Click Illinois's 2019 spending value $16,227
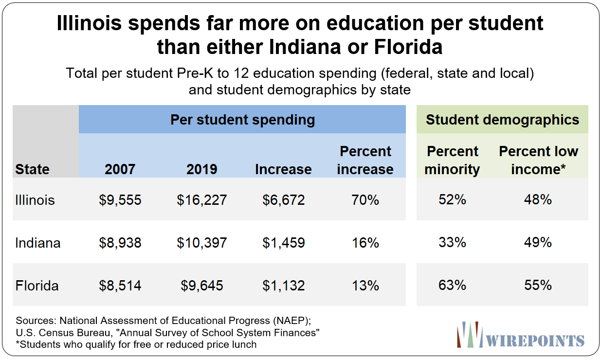coord(202,200)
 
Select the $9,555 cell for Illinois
coord(120,200)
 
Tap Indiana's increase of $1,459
coord(284,243)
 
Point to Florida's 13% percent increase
coord(365,286)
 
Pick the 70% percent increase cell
coord(365,200)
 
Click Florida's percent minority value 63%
coord(452,285)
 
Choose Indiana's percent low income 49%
coord(538,243)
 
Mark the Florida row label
coord(37,286)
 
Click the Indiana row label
coord(38,243)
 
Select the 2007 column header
coord(120,169)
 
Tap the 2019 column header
coord(202,169)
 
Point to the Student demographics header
coord(502,120)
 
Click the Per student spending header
coord(242,120)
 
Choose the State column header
coord(32,169)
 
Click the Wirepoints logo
coord(521,335)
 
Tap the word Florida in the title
coord(408,47)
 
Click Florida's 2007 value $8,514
coord(120,286)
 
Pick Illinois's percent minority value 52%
coord(452,200)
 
